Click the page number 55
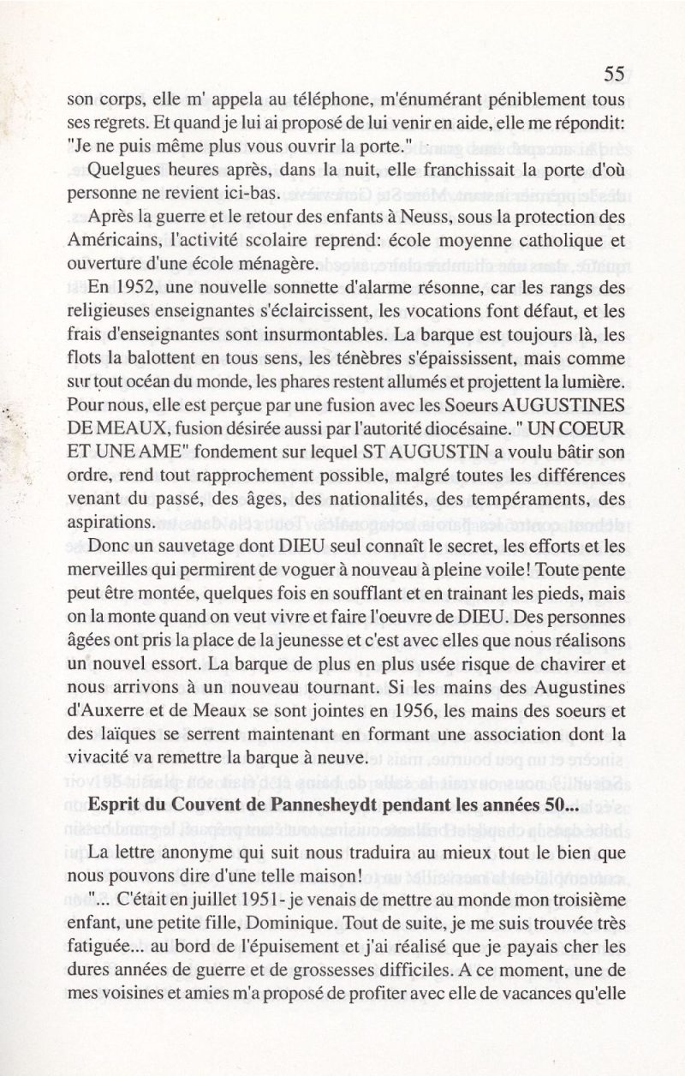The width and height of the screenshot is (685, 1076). pyautogui.click(x=614, y=75)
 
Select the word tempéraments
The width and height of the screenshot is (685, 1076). pyautogui.click(x=511, y=490)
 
